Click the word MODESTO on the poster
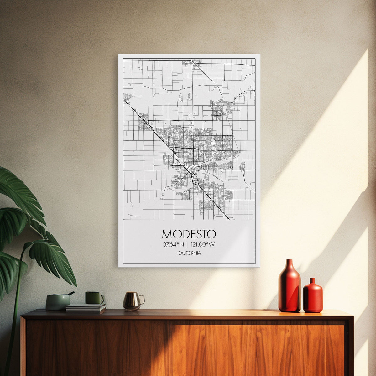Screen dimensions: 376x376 [189, 234]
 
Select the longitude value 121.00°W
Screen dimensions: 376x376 [203, 244]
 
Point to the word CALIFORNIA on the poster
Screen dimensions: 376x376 [189, 253]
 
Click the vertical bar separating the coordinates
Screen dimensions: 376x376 [187, 244]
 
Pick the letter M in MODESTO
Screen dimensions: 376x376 [166, 234]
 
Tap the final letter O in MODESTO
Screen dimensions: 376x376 [212, 234]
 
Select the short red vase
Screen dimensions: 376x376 [312, 298]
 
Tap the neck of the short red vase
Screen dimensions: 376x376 [312, 281]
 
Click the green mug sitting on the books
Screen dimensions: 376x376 [93, 298]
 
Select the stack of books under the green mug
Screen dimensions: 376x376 [86, 308]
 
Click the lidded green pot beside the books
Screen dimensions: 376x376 [58, 302]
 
